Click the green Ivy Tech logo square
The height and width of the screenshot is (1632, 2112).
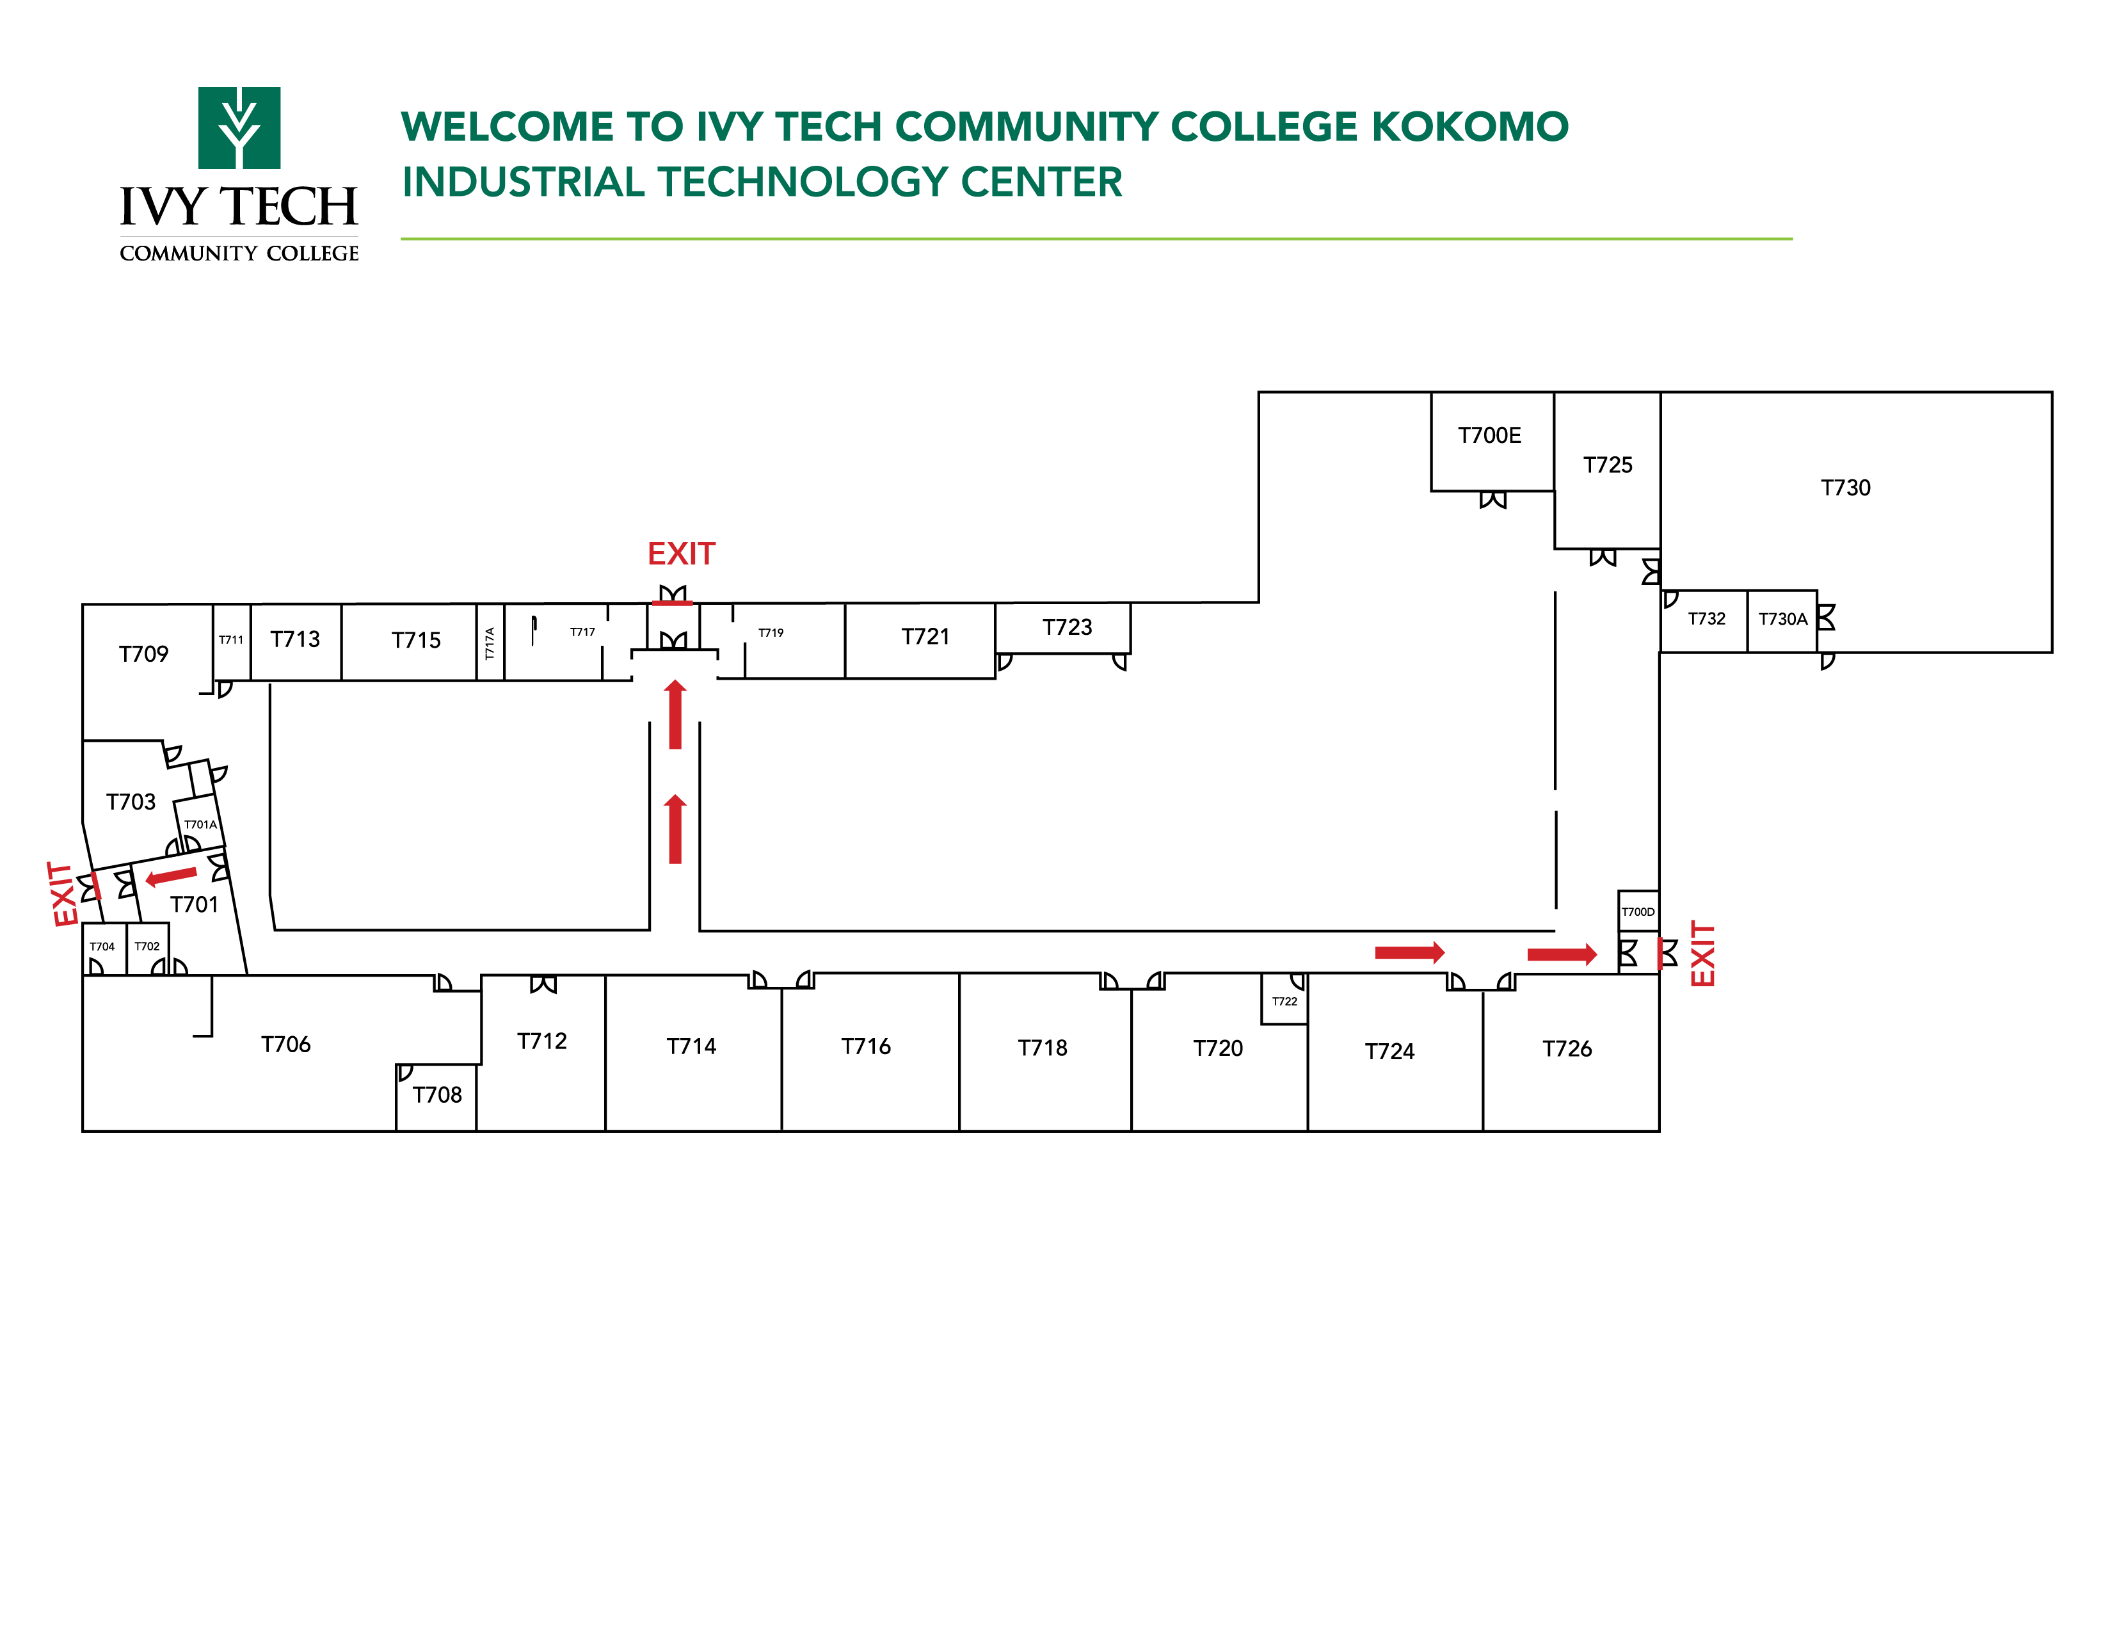click(239, 127)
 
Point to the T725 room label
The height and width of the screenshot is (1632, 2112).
click(1606, 465)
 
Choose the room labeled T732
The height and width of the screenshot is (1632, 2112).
click(1706, 619)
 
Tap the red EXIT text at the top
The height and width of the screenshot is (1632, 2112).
click(681, 554)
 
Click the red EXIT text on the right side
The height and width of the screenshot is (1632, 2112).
click(1701, 954)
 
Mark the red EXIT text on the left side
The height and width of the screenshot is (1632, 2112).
click(64, 894)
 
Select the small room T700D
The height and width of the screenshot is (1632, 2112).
click(1637, 911)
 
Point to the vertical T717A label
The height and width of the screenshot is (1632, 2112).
click(490, 643)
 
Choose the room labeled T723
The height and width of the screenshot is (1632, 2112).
click(1067, 627)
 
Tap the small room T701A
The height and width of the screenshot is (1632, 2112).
click(200, 824)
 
